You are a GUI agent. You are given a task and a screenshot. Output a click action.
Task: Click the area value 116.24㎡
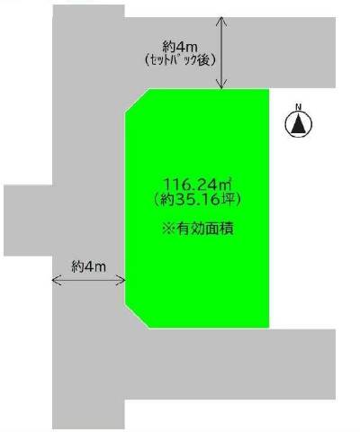(198, 184)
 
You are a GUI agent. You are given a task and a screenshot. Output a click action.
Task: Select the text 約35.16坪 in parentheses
(197, 199)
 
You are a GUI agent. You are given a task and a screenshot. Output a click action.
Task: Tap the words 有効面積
(205, 229)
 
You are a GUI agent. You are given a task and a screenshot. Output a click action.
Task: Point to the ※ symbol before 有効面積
(168, 229)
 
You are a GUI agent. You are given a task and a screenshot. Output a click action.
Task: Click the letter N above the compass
(298, 106)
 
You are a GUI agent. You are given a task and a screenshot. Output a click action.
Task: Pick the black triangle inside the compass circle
(299, 123)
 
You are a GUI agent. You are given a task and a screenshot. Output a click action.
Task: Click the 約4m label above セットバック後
(180, 47)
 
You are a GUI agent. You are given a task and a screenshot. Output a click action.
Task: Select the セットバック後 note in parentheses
(180, 60)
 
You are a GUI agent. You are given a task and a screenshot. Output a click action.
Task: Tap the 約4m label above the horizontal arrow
(89, 266)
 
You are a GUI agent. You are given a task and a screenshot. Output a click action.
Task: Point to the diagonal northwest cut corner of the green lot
(137, 101)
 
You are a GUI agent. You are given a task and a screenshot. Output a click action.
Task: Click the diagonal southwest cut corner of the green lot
(137, 315)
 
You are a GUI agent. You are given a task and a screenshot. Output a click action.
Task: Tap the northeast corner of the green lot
(268, 89)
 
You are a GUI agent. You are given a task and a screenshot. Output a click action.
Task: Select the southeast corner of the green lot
(268, 328)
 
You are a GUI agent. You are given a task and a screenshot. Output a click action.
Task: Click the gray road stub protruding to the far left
(28, 220)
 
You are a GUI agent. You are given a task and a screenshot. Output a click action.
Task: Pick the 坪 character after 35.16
(228, 200)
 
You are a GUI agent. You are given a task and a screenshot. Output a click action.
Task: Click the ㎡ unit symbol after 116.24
(228, 184)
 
